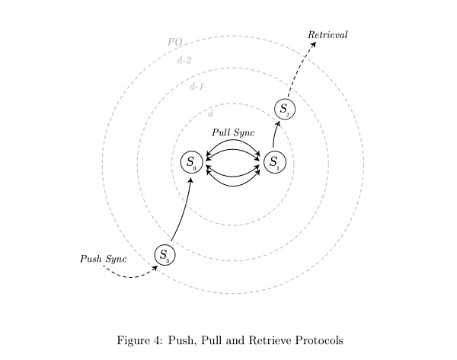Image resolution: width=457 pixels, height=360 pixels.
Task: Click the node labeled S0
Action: tap(191, 162)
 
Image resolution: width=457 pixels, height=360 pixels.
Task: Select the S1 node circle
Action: tap(275, 162)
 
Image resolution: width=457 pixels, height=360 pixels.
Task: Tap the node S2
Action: tap(285, 110)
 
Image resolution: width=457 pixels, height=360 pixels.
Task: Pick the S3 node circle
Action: tap(165, 255)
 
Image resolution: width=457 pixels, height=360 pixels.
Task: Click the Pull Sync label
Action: tap(233, 132)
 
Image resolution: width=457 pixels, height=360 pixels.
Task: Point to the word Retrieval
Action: tap(328, 35)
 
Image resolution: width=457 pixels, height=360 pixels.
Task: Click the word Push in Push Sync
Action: tap(91, 259)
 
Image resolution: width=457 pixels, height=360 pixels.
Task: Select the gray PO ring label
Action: tap(175, 42)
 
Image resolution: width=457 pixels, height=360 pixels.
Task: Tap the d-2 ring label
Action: tap(184, 60)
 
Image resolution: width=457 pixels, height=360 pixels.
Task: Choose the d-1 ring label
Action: tap(197, 86)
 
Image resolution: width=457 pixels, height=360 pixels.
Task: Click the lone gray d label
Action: tap(210, 113)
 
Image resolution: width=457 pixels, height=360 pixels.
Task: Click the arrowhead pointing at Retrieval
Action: tap(314, 44)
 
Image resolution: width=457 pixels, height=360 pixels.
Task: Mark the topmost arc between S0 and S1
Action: tap(233, 140)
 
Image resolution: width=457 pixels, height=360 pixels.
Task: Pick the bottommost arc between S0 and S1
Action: tap(233, 186)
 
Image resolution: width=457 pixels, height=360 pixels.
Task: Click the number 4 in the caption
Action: tap(156, 340)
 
